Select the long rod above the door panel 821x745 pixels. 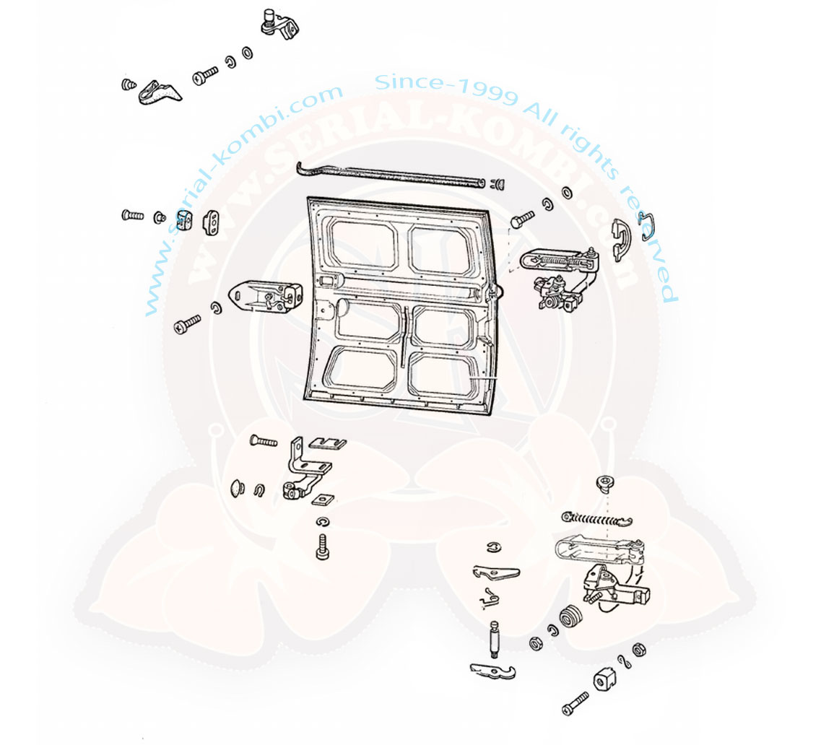point(389,174)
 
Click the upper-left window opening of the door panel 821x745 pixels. point(360,245)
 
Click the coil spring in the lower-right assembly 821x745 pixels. point(597,520)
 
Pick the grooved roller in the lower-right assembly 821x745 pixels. point(572,617)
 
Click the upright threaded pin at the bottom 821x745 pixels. point(495,640)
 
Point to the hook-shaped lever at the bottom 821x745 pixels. point(492,671)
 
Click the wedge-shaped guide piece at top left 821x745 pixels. point(160,92)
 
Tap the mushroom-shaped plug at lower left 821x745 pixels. point(238,487)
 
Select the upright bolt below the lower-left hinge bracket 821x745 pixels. point(323,546)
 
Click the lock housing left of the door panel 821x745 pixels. point(265,297)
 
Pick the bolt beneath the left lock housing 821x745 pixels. point(188,323)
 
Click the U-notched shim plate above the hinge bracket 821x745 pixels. point(328,443)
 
